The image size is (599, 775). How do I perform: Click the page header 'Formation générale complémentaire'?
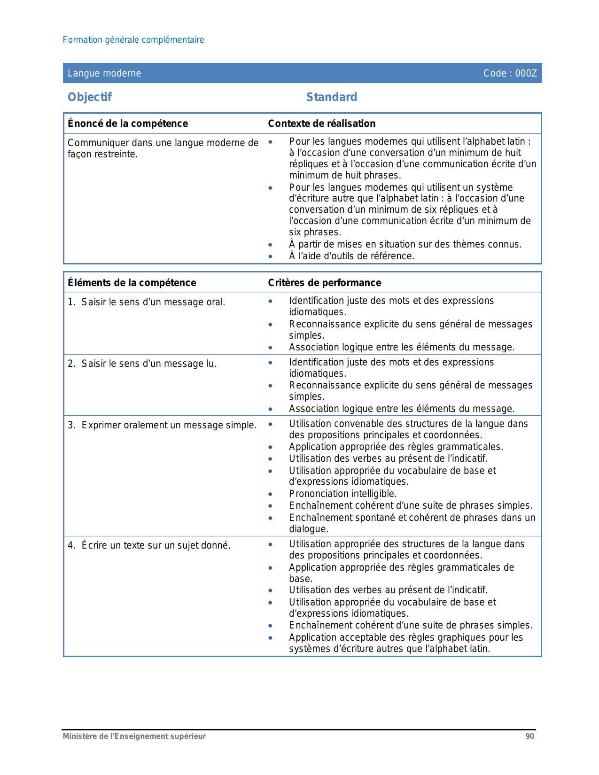(x=133, y=40)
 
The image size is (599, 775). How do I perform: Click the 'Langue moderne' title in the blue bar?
(x=104, y=73)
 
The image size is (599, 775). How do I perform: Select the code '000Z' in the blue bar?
(x=526, y=73)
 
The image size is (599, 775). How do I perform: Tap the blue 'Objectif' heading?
(x=90, y=97)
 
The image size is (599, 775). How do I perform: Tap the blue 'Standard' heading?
(x=331, y=97)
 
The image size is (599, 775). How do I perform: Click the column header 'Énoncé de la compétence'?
(x=128, y=124)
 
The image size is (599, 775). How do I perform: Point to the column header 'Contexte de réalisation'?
(x=321, y=124)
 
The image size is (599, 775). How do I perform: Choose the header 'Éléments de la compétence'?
(x=132, y=283)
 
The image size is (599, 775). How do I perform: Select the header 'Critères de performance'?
(x=324, y=283)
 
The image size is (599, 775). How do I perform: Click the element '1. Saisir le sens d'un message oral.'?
(x=147, y=302)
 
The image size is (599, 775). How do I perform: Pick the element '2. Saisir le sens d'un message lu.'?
(x=142, y=364)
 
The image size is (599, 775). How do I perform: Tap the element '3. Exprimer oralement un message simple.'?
(x=162, y=425)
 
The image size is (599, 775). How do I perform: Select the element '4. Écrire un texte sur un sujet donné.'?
(x=149, y=545)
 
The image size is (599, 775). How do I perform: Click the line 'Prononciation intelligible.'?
(x=343, y=494)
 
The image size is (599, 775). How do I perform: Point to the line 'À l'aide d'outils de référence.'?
(x=351, y=256)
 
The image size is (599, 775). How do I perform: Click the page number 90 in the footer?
(x=529, y=736)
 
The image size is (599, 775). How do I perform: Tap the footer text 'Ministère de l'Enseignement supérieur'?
(x=134, y=736)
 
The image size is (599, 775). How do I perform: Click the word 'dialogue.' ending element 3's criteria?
(x=309, y=529)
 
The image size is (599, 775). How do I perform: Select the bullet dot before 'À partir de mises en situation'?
(x=270, y=245)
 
